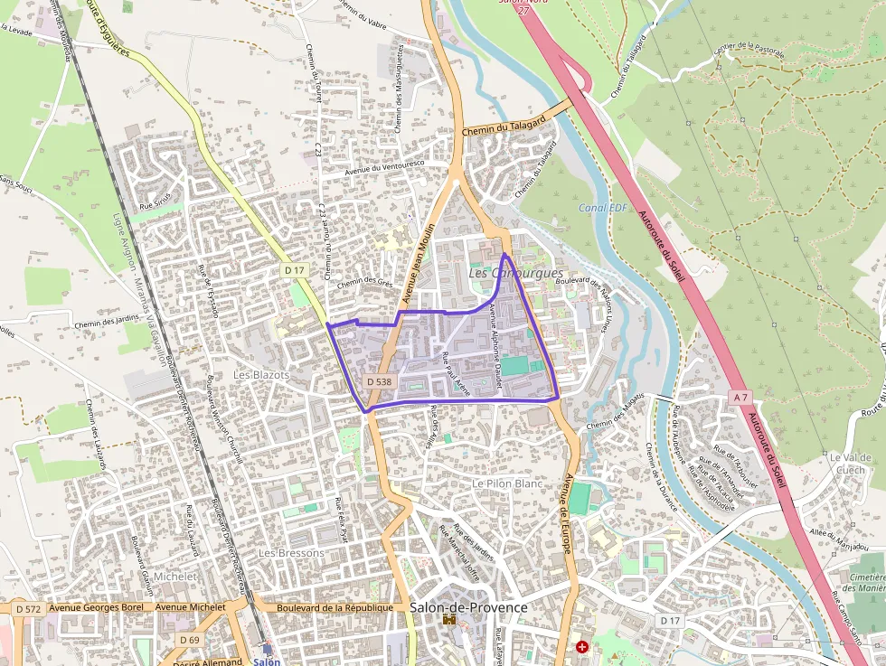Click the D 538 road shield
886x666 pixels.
pos(380,382)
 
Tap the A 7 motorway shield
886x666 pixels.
pos(740,398)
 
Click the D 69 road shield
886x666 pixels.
pos(189,640)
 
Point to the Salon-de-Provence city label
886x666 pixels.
pos(467,607)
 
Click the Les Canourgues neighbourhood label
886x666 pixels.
pos(515,273)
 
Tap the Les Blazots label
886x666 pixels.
pos(261,374)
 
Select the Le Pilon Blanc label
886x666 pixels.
pos(507,484)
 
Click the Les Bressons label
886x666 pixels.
pos(291,552)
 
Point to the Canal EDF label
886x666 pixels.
pos(603,209)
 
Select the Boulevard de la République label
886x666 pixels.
pos(335,608)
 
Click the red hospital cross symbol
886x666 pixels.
pos(582,647)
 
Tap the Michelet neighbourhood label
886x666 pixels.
pos(175,576)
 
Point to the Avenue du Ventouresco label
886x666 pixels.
pos(384,168)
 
